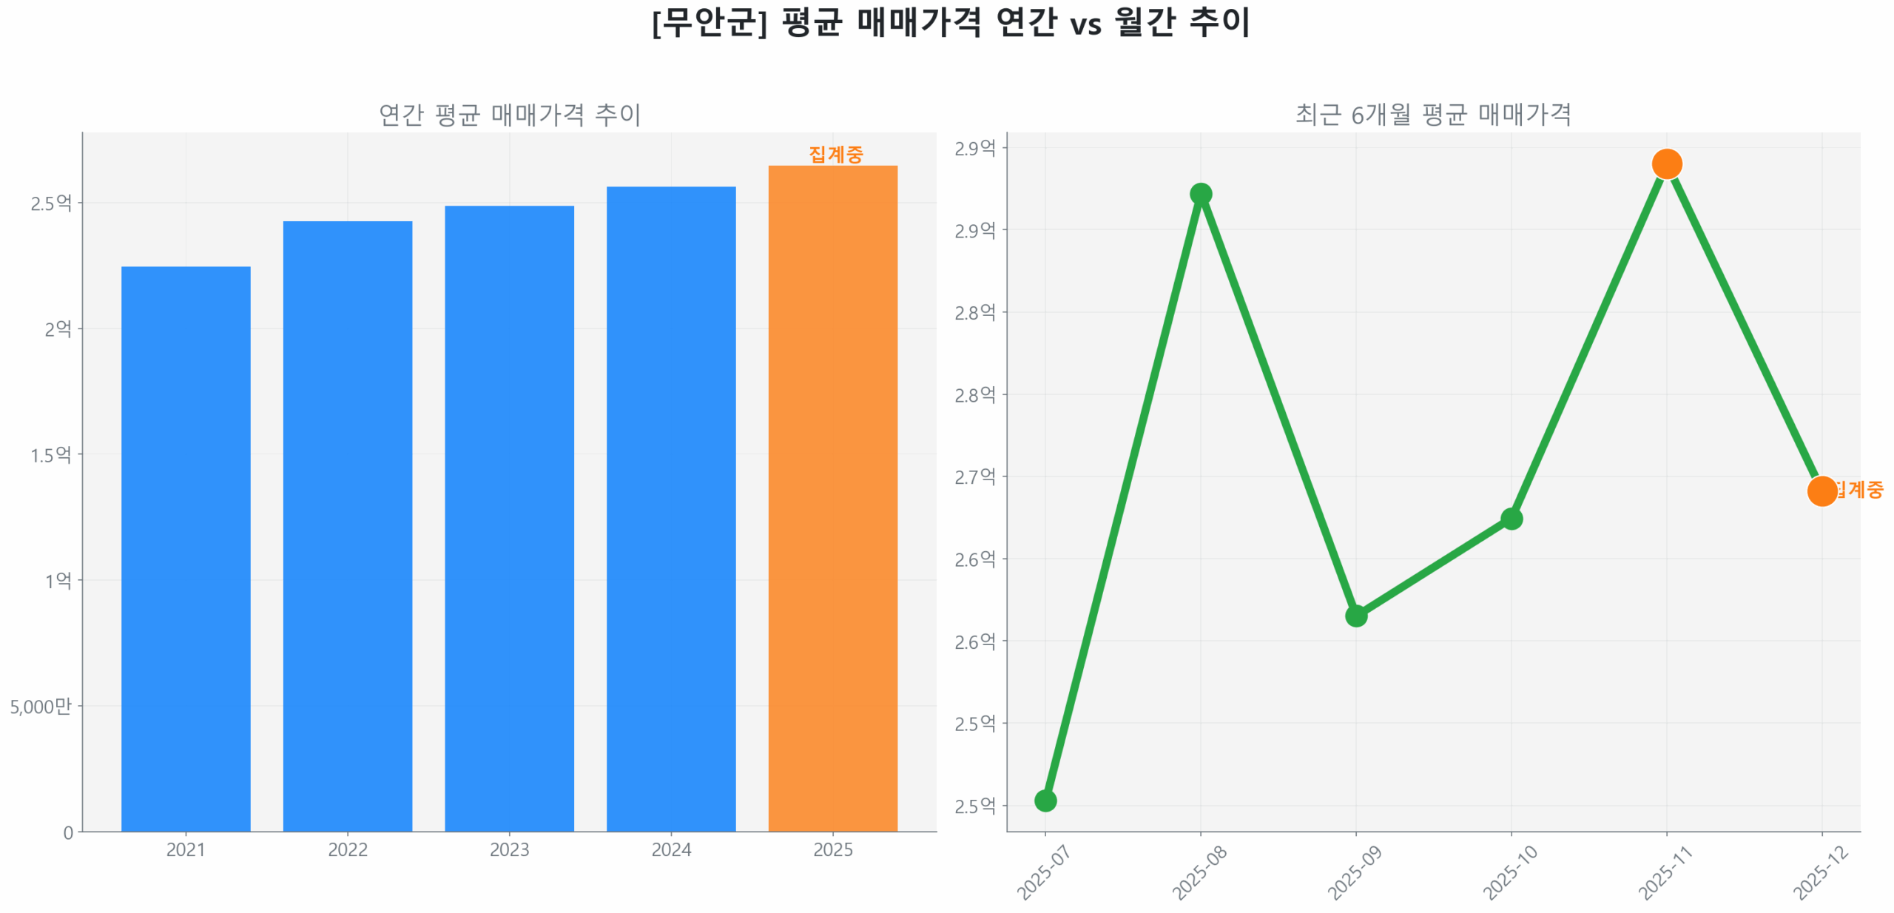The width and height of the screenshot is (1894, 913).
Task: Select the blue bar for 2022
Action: pos(347,525)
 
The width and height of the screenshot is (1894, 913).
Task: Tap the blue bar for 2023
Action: pos(509,518)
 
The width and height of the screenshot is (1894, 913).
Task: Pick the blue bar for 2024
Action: pos(671,508)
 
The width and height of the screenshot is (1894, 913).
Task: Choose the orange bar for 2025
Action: pos(832,498)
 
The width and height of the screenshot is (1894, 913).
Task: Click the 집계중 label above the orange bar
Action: pos(835,154)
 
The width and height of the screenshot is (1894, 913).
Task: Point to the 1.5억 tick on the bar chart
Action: pos(51,454)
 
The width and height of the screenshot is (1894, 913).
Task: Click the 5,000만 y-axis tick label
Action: pos(41,706)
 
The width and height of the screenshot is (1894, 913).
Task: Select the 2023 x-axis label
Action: pos(509,849)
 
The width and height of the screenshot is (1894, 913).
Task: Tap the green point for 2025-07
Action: pos(1045,801)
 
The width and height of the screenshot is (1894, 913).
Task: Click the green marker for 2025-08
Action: pos(1201,194)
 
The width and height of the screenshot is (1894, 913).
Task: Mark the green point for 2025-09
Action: pos(1356,616)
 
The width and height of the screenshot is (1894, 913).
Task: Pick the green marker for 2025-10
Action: pos(1512,519)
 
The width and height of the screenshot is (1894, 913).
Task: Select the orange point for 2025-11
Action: pos(1667,164)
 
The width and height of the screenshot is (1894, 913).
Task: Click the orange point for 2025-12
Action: pos(1821,491)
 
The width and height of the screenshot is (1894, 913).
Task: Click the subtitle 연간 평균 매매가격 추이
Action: pos(510,115)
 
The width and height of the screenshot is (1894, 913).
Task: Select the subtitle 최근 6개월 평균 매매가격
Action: pos(1433,115)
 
